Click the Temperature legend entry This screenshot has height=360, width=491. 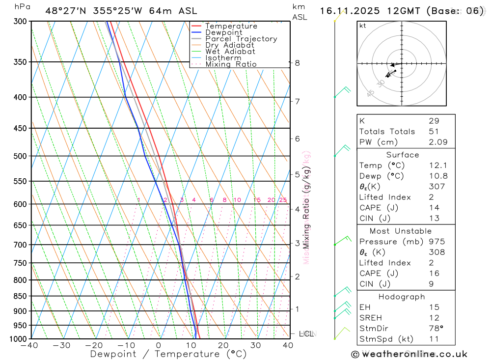pos(231,26)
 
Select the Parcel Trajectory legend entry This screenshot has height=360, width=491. pos(241,39)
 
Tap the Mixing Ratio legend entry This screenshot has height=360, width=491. pos(231,64)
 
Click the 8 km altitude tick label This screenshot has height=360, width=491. pos(297,63)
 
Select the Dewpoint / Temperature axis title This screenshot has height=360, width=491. pos(168,354)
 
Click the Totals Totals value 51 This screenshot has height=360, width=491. pos(434,131)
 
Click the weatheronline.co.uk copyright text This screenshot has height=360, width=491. pos(409,354)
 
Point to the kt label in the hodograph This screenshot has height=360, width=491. pos(363,26)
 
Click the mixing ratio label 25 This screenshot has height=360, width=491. pos(283,200)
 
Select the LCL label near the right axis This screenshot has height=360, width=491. pos(306,333)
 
